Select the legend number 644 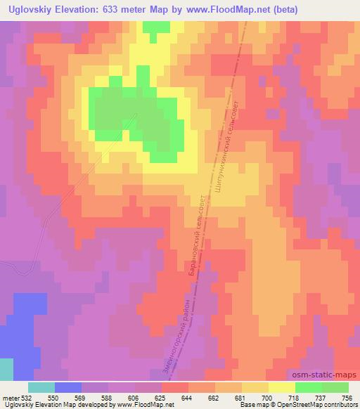[x=185, y=397]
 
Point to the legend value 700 [x=265, y=397]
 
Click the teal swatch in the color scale [x=41, y=387]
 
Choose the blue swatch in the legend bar [x=67, y=387]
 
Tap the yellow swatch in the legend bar [x=281, y=387]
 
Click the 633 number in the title [x=113, y=10]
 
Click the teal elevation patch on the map [x=6, y=370]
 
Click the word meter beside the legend [x=9, y=397]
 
